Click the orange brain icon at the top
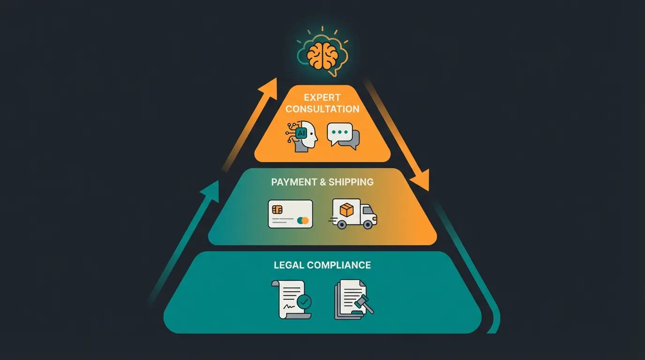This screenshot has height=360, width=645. click(322, 55)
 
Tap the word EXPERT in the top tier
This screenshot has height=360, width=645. click(322, 97)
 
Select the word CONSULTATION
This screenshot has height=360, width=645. click(322, 109)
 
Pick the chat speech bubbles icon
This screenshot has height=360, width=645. click(343, 136)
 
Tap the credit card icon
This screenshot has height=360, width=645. click(290, 214)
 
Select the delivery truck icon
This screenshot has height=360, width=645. click(354, 214)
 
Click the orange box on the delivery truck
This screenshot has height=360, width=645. click(346, 210)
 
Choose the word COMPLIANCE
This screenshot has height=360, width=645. click(338, 265)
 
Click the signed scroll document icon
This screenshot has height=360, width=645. click(291, 300)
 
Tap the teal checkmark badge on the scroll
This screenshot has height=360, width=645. click(304, 301)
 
